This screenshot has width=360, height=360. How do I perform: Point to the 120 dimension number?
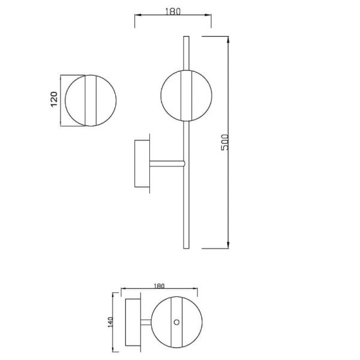pos(53,100)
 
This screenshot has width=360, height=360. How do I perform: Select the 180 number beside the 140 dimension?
pos(160,286)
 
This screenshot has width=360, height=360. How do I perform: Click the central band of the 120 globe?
pos(92,100)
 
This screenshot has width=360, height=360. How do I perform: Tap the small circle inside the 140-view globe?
pos(176,322)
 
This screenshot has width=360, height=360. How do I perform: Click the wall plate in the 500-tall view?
pos(142,163)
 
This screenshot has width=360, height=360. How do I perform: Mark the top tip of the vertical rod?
pos(184,37)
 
